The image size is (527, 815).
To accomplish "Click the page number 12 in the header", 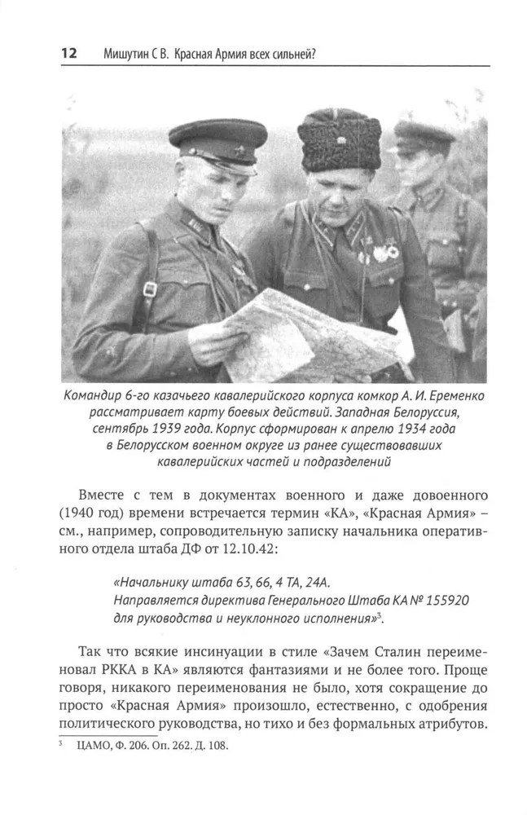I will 68,54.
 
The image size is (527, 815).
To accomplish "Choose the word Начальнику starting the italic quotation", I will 151,582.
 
